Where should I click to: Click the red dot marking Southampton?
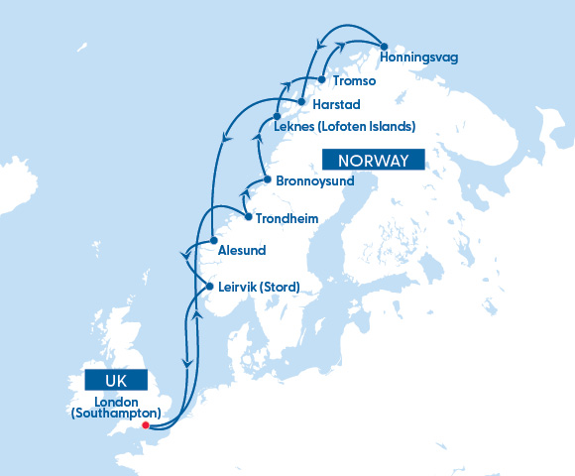click(146, 426)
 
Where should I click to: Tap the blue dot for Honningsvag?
click(383, 44)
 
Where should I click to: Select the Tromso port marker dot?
click(322, 79)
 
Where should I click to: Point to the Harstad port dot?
click(300, 102)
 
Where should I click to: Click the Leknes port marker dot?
click(277, 117)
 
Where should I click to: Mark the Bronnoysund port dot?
click(267, 179)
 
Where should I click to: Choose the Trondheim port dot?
click(247, 215)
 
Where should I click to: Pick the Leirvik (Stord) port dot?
click(209, 288)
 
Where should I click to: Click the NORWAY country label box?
click(373, 161)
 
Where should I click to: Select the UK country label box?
click(116, 380)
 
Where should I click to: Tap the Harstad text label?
click(336, 104)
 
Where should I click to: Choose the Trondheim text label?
click(287, 218)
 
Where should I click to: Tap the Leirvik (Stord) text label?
click(258, 288)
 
